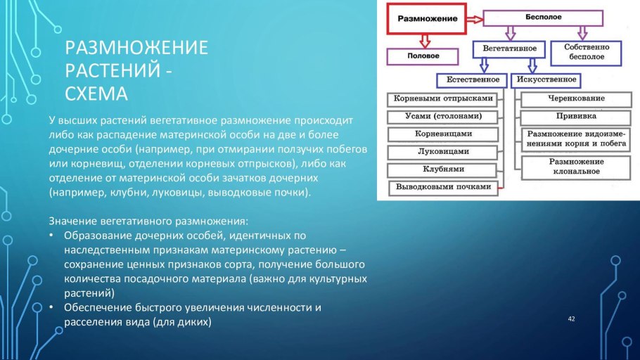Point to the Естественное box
pyautogui.click(x=473, y=79)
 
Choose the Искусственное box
pyautogui.click(x=547, y=79)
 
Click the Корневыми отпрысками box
pyautogui.click(x=444, y=99)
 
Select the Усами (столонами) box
pyautogui.click(x=444, y=117)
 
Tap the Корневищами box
pyautogui.click(x=444, y=134)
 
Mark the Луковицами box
pyautogui.click(x=444, y=151)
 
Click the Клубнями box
pyautogui.click(x=444, y=169)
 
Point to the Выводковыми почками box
pyautogui.click(x=444, y=187)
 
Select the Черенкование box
pyautogui.click(x=576, y=99)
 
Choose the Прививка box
pyautogui.click(x=576, y=116)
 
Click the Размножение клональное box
pyautogui.click(x=576, y=166)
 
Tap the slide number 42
pyautogui.click(x=571, y=320)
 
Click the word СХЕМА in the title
pyautogui.click(x=96, y=94)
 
